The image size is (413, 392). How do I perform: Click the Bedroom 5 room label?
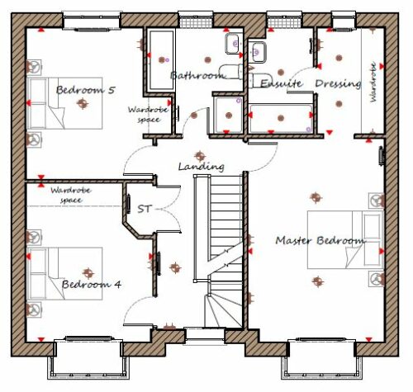pos(85,90)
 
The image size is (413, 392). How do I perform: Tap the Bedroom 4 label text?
pos(92,284)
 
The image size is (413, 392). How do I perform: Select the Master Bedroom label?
pos(320,241)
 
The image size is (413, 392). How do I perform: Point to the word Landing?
pos(201,167)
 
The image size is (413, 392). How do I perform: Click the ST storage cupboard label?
pos(145,209)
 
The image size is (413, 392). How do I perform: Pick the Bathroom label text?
pos(197,75)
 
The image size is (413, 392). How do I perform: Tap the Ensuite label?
pos(281,83)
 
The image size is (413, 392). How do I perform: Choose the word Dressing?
pos(338,83)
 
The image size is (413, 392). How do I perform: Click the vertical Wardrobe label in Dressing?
pos(373,83)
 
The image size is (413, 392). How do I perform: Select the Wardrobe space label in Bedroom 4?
pos(71,196)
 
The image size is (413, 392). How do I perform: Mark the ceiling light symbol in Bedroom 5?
pos(83,103)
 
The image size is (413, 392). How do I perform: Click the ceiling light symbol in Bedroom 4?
pos(88,273)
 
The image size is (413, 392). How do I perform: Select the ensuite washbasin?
pos(257,52)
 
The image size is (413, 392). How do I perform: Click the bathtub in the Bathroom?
pos(161,60)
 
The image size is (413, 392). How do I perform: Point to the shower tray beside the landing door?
pos(229,115)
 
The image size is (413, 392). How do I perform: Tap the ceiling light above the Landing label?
pos(200,156)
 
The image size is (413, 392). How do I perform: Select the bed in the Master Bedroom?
pos(345,240)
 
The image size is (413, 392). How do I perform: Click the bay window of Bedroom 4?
pos(88,359)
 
